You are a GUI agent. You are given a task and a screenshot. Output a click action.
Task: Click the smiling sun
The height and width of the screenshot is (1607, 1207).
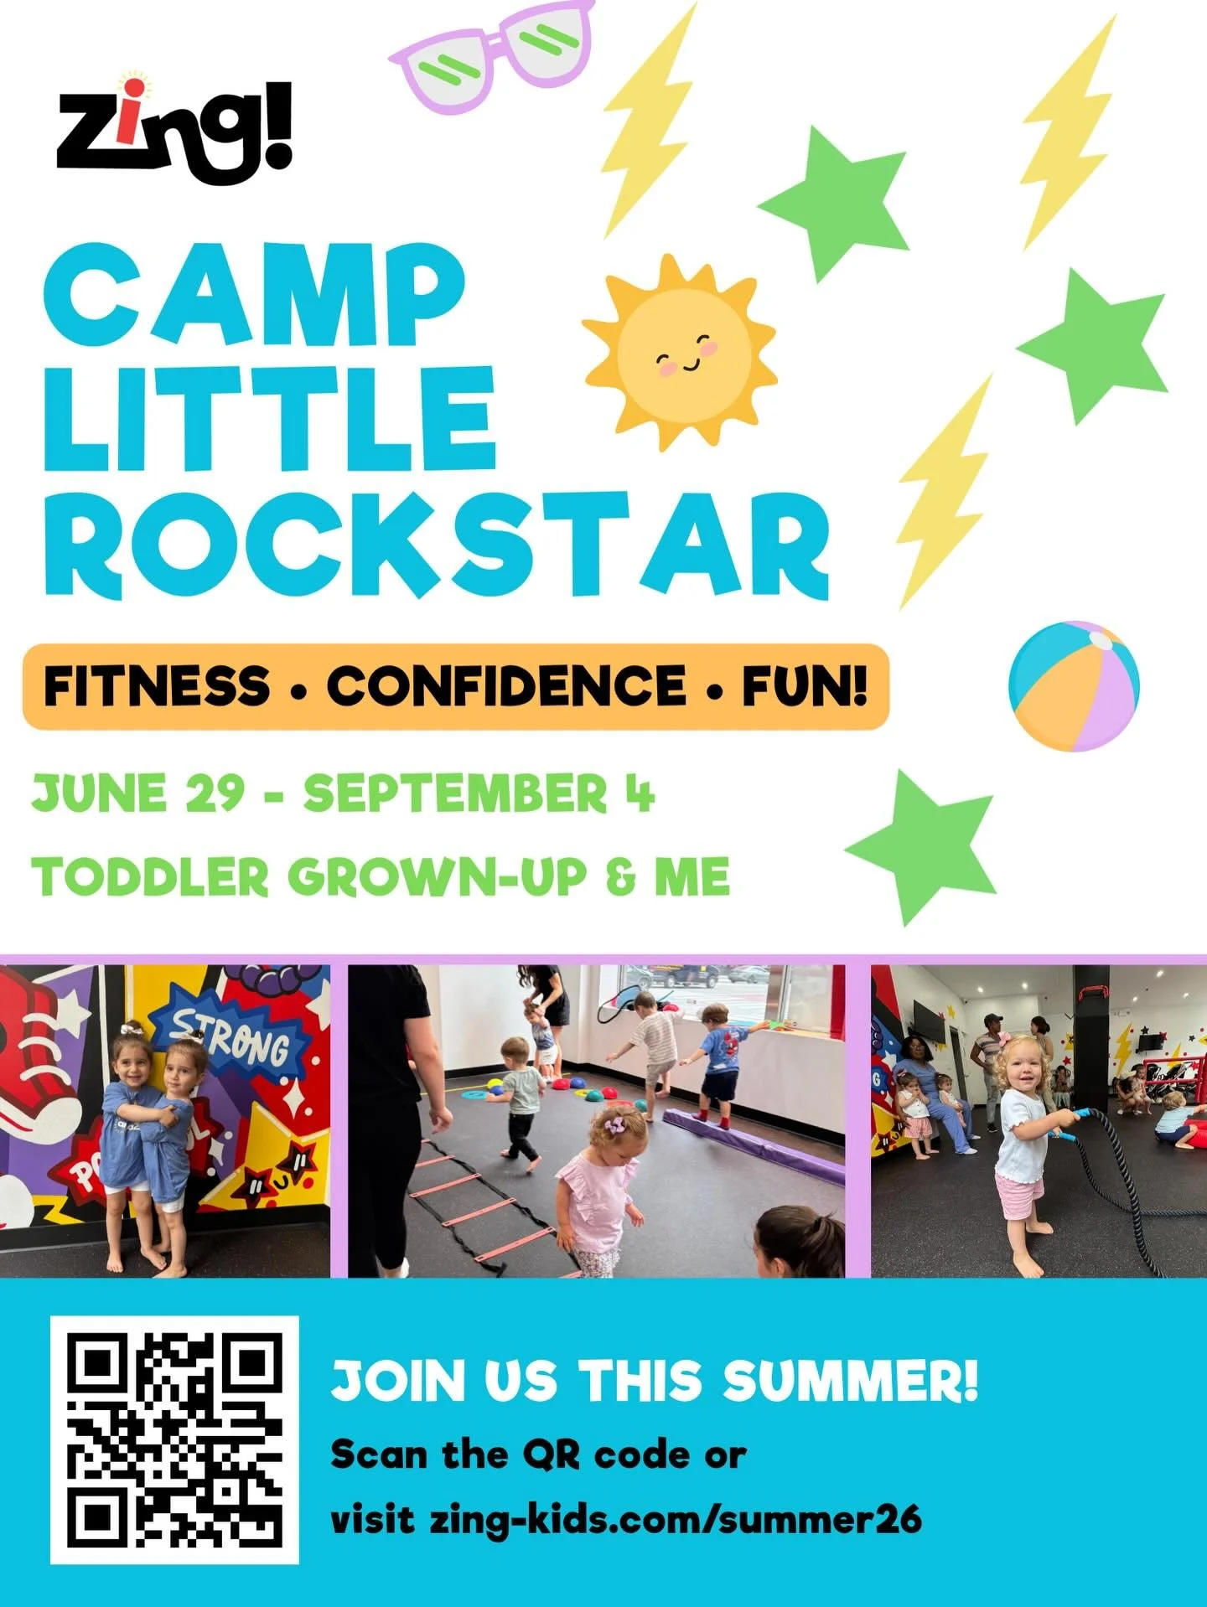(680, 353)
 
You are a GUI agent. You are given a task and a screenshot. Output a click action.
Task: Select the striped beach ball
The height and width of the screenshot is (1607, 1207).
(1074, 685)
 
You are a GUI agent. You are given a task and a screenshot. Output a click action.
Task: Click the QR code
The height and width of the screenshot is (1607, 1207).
(174, 1439)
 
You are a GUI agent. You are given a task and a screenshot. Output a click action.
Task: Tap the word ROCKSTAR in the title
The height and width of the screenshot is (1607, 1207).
(436, 546)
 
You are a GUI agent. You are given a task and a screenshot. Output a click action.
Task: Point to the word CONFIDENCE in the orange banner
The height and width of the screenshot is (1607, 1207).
(505, 686)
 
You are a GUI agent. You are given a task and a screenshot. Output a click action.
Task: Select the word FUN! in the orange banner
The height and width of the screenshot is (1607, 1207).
(804, 686)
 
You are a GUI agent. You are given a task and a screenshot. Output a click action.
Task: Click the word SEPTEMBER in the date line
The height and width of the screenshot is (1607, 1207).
(455, 793)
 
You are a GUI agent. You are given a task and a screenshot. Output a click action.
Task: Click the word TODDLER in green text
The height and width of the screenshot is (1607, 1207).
(149, 877)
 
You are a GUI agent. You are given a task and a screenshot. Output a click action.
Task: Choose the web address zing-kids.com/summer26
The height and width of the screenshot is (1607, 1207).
(676, 1519)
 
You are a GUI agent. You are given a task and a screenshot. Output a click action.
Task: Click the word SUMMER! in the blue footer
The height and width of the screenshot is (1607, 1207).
(849, 1380)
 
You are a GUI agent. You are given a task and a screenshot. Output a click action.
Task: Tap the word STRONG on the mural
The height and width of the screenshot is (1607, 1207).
(231, 1038)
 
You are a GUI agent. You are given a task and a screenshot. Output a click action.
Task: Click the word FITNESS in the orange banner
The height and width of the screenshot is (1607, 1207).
(157, 686)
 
